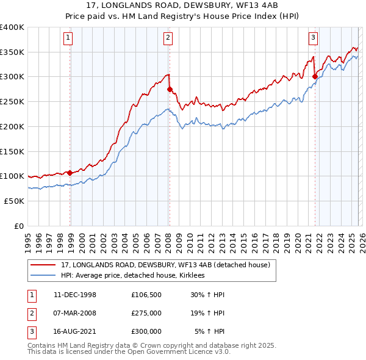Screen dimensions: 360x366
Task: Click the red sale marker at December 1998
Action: (70, 173)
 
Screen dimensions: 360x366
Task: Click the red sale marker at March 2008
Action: (170, 89)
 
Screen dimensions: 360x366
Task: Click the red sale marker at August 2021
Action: (315, 76)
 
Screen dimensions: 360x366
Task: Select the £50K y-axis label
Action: (13, 200)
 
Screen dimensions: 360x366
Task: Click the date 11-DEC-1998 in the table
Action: (74, 295)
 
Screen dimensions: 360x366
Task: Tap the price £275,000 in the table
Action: (146, 313)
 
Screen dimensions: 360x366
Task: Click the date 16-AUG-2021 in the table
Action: (74, 331)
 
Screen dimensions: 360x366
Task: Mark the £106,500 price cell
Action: (146, 295)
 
